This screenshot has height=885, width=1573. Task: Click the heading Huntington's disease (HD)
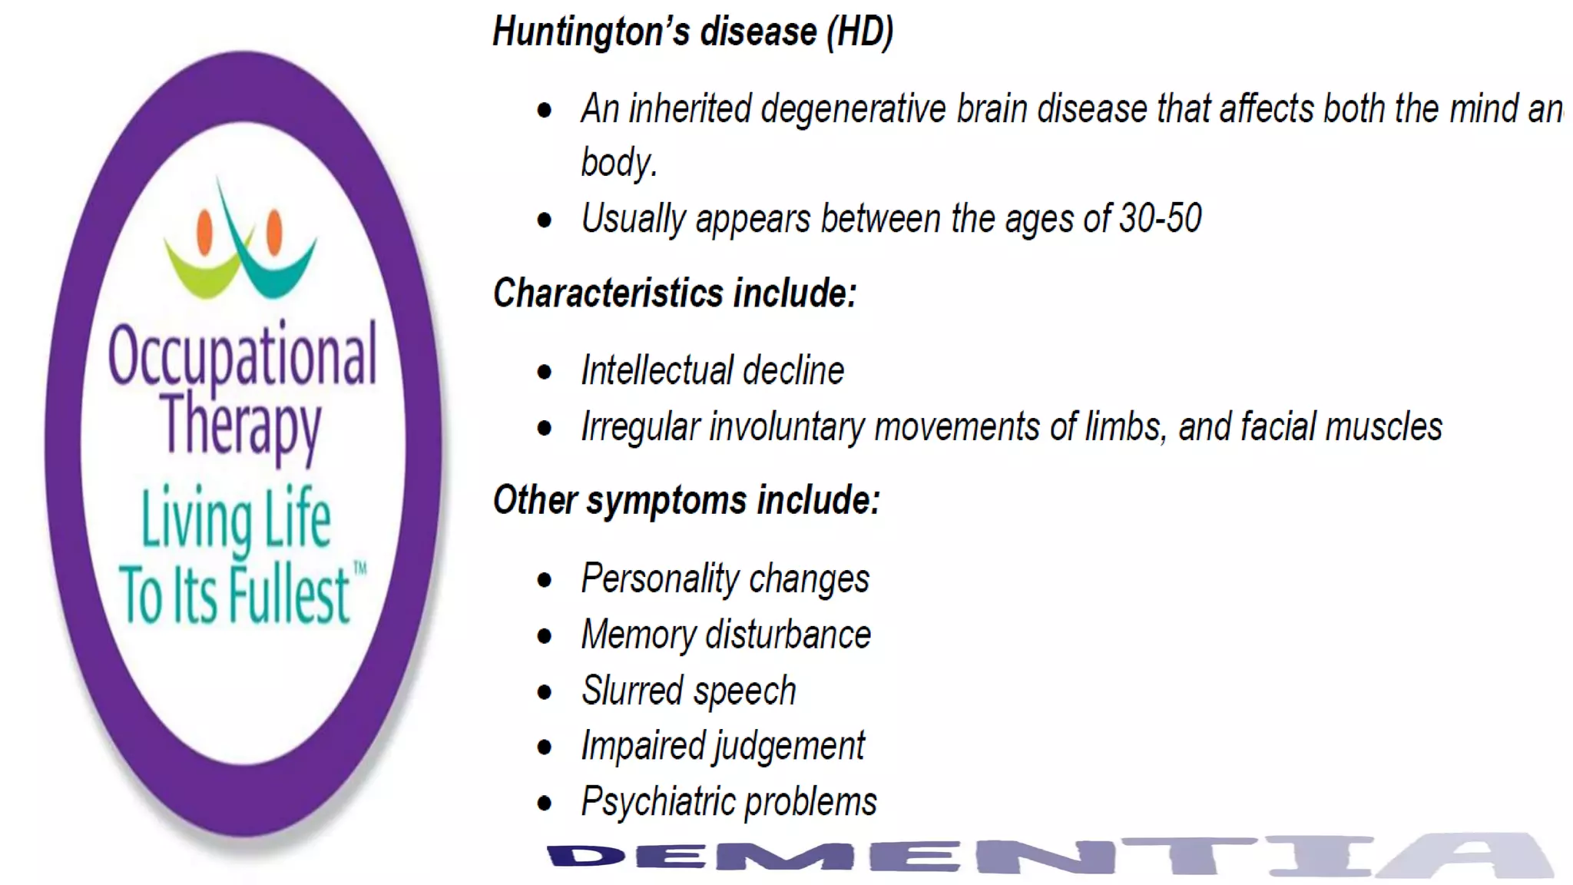693,32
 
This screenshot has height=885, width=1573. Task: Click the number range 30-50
1160,218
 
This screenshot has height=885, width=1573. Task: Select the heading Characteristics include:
674,293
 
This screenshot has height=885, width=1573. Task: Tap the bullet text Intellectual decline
712,371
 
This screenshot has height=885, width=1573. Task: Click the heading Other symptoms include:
686,500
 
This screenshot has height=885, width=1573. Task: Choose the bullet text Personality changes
725,578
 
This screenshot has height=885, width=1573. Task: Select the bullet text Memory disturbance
726,635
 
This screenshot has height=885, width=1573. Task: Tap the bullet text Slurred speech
688,691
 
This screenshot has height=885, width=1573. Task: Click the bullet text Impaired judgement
723,746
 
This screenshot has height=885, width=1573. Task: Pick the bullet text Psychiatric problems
728,802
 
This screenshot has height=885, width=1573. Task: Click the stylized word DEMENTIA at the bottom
1048,855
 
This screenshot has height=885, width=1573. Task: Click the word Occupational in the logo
243,356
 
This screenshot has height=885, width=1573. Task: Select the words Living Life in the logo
236,519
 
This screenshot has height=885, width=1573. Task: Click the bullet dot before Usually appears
545,220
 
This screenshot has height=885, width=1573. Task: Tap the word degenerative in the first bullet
853,109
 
